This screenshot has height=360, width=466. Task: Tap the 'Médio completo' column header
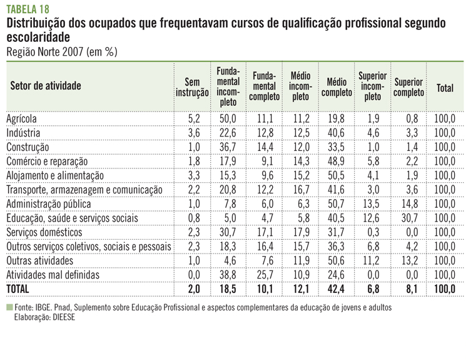pos(337,88)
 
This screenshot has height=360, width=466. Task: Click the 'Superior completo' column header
pos(409,88)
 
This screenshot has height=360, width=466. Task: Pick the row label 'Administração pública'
pos(48,203)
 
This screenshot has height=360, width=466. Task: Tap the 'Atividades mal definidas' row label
pos(52,274)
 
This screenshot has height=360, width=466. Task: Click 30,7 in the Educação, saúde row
pos(409,218)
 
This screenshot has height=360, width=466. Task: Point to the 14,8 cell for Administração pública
pos(409,203)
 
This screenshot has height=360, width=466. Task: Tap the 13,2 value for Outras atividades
pos(409,260)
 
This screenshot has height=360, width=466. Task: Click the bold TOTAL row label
pos(19,288)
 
